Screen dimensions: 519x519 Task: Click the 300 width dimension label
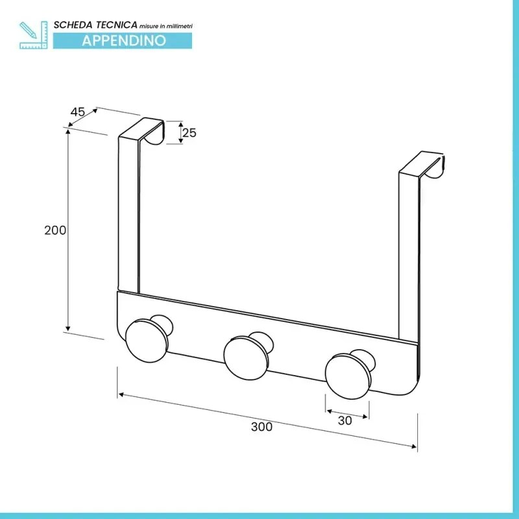coord(261,427)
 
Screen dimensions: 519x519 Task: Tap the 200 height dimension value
coord(55,230)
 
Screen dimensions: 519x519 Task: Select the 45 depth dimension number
coord(78,112)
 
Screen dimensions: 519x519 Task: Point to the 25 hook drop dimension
coord(189,133)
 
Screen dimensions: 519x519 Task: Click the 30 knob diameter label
coord(345,420)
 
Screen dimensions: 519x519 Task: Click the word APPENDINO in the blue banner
coord(124,40)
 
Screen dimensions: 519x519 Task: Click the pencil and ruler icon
coord(34,35)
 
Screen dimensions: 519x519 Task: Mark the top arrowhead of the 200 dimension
coord(68,131)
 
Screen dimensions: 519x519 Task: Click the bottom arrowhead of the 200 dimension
coord(68,328)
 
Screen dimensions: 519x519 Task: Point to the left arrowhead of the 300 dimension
coord(121,394)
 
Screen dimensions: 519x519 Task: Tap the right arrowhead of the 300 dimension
coord(414,447)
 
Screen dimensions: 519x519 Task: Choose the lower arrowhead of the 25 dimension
coord(181,141)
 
